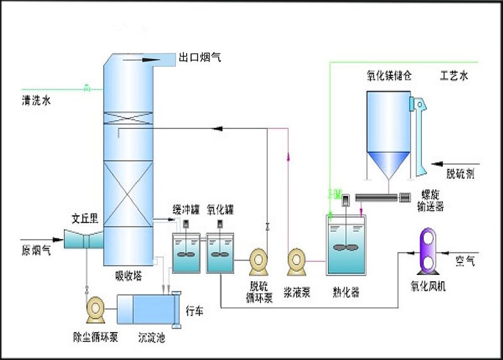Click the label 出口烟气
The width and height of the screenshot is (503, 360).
200,58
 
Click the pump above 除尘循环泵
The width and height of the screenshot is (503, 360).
96,308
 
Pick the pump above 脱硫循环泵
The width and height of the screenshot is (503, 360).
259,261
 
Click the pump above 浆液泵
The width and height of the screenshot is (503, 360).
297,261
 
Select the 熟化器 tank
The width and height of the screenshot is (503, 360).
346,245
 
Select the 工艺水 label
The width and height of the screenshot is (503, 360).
454,76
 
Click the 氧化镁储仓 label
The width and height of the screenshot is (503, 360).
389,76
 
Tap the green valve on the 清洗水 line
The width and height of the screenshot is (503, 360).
87,89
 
